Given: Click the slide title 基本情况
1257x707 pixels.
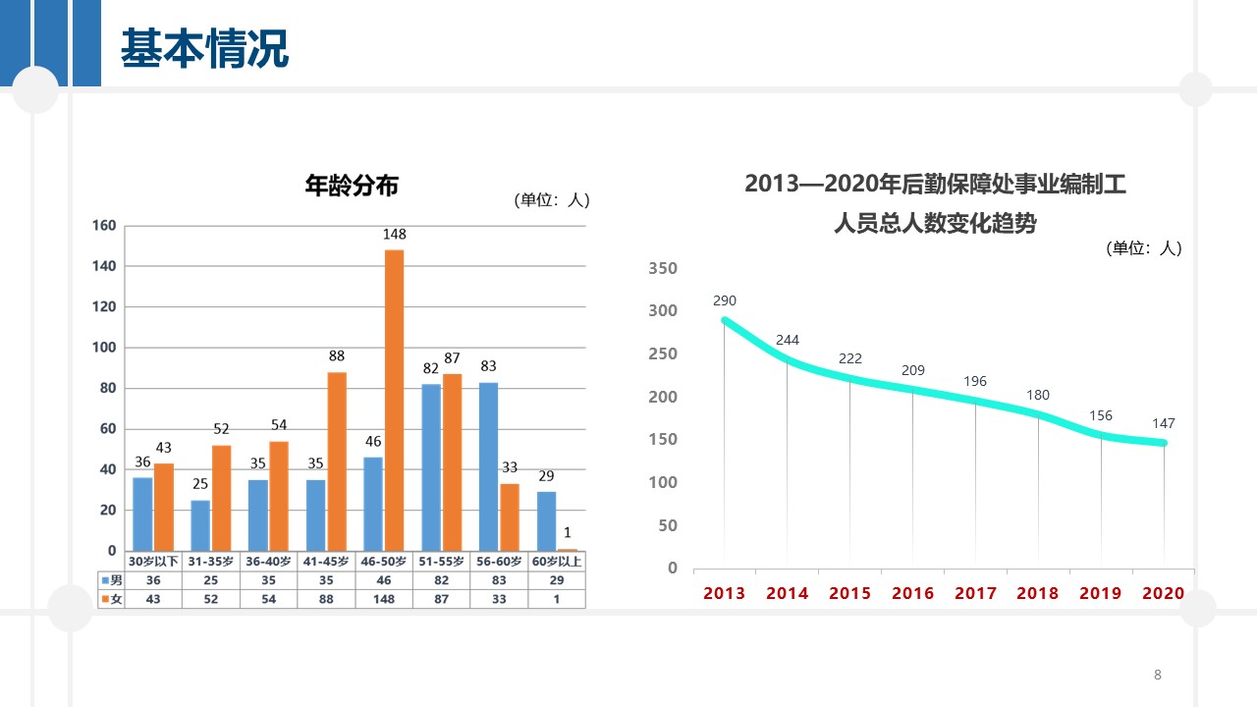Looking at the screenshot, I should coord(204,48).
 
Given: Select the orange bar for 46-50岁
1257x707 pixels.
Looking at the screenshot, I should coord(395,400).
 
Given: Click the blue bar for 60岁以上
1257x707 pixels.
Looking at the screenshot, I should coord(546,520).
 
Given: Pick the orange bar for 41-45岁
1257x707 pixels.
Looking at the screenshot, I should coord(337,461).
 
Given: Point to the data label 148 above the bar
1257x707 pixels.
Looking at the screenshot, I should coord(395,235).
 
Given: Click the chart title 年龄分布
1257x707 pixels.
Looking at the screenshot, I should coord(352,184).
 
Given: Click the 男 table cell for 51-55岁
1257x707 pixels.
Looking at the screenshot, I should coord(442,580).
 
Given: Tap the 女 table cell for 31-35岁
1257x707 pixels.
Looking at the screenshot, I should coord(210,599).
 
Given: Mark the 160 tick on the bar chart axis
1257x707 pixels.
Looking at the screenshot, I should coord(105,226).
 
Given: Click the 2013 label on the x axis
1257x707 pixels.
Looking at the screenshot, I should coord(725,593).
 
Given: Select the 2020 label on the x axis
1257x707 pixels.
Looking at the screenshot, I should coord(1164,593).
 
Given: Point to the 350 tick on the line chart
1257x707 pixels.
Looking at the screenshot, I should coord(664,268).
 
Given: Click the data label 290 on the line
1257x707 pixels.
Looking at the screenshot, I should coord(725,300).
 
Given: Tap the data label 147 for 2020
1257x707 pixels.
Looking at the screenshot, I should coord(1164,423).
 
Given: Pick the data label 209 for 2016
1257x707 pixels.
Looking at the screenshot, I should coord(913,370).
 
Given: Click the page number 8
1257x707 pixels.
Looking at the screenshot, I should coord(1158,675).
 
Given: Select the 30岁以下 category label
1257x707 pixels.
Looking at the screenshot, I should coord(153,562).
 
